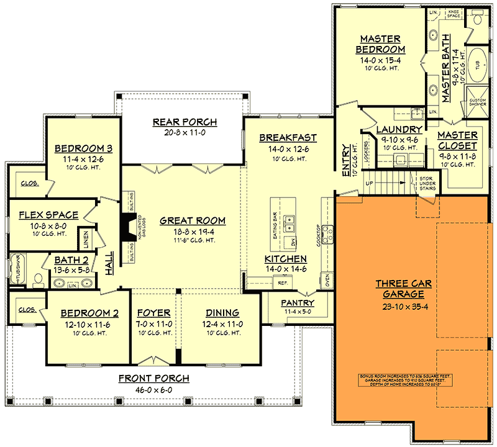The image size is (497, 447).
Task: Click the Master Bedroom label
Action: tap(380, 43)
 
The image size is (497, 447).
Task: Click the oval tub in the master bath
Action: tap(478, 71)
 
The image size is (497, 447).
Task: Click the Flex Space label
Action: tap(49, 215)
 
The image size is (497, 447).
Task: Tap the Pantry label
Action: tap(298, 303)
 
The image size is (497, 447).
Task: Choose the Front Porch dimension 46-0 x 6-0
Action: tap(155, 389)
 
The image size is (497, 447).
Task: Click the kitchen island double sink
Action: tap(290, 220)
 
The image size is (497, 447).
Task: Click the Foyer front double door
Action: tap(153, 361)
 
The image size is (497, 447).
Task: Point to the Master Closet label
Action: tap(457, 140)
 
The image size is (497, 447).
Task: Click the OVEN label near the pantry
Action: tap(327, 279)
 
